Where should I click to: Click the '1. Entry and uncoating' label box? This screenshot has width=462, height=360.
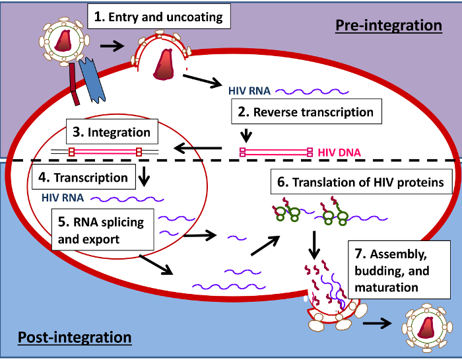(158, 16)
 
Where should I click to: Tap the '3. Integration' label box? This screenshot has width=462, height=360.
(111, 132)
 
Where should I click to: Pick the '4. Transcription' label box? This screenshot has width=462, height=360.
(82, 178)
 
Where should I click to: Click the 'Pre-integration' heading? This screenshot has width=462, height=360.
(389, 25)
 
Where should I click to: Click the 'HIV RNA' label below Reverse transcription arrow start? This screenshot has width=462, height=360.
(249, 90)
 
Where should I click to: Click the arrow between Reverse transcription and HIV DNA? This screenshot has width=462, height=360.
(246, 135)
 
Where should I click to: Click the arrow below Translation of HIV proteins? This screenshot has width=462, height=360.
(315, 244)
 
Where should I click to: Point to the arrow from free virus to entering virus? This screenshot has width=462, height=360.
(112, 47)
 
